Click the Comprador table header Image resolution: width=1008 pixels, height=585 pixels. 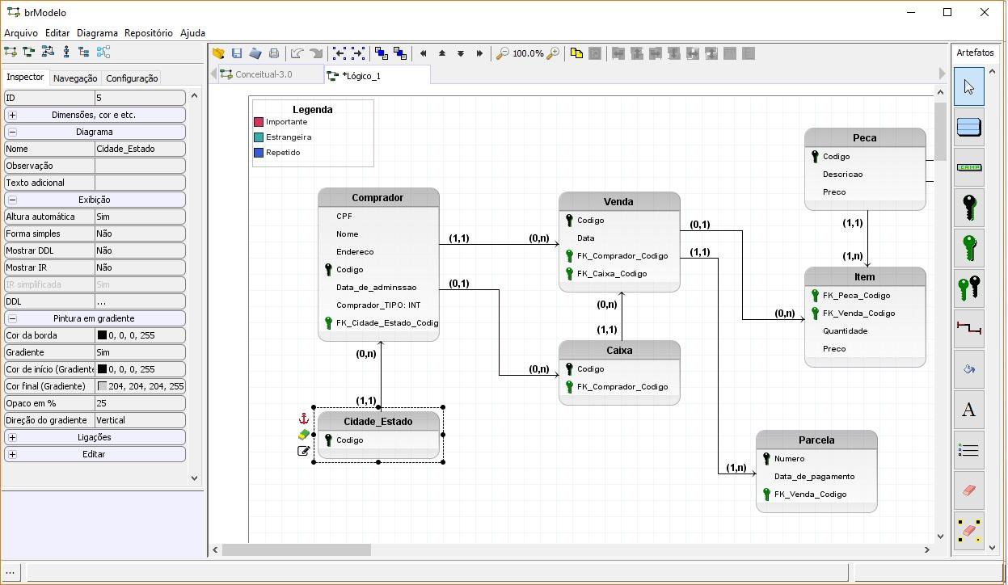[377, 198]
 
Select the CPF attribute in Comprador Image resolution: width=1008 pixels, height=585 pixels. [344, 217]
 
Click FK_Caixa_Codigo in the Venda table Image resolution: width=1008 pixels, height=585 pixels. [612, 274]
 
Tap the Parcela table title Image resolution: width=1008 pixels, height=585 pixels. [816, 440]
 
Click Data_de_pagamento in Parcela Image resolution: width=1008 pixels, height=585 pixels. [814, 477]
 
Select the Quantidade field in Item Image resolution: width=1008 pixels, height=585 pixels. [845, 331]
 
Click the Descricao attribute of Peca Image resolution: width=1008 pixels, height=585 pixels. [842, 175]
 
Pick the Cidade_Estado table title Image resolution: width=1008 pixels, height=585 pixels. [377, 422]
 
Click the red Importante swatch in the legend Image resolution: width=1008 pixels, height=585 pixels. [259, 122]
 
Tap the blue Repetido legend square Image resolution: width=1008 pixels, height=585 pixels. [259, 153]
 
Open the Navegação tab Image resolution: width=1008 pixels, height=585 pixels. [75, 78]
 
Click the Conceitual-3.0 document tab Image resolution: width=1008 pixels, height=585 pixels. [263, 74]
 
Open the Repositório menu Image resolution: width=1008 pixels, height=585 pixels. [149, 33]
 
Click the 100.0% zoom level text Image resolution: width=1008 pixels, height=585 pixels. [528, 53]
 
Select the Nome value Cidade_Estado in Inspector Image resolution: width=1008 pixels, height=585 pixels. [140, 149]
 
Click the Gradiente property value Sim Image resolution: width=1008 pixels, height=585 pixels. [140, 352]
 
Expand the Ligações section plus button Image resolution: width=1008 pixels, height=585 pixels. [12, 437]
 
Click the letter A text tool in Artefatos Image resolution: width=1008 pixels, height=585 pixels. [968, 410]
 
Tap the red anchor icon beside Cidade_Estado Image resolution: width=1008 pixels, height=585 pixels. [304, 419]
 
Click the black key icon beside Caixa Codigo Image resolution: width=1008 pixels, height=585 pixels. [569, 369]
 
